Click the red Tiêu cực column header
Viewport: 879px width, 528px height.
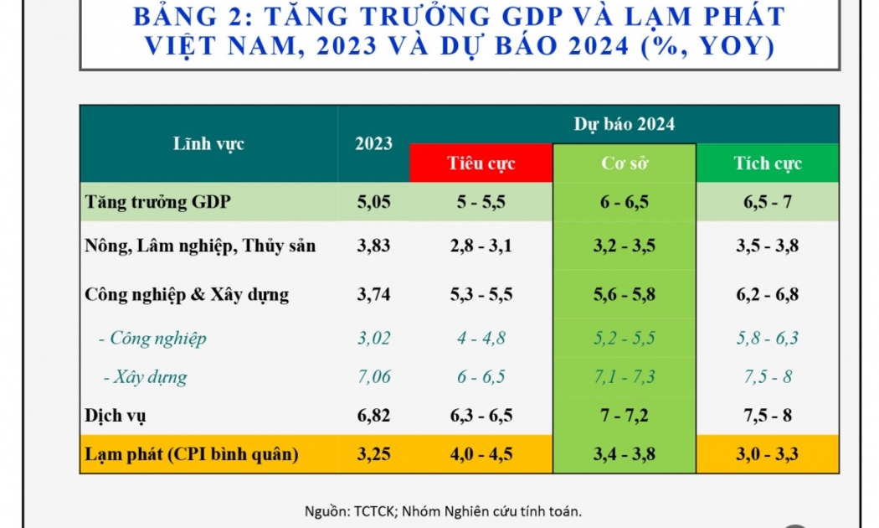click(481, 163)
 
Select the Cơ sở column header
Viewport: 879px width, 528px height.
click(625, 163)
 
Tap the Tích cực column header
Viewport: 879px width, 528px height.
click(767, 163)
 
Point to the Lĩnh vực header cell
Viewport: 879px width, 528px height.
click(208, 143)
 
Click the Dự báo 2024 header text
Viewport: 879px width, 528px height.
click(624, 124)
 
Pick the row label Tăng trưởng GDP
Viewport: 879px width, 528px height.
click(158, 202)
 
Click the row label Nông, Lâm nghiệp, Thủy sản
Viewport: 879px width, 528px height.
click(200, 246)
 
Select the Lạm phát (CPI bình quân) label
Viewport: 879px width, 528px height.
click(192, 455)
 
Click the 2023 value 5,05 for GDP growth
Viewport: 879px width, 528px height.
click(373, 202)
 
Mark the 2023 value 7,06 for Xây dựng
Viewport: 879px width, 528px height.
click(373, 377)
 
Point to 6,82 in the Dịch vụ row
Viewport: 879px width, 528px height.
click(373, 415)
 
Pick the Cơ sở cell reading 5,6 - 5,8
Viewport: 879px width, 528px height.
click(625, 294)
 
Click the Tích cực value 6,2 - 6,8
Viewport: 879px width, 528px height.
click(767, 294)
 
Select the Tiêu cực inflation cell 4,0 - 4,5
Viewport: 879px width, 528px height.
click(481, 455)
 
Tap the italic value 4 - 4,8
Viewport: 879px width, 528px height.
click(481, 339)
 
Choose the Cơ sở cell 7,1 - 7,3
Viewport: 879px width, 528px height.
click(625, 377)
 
